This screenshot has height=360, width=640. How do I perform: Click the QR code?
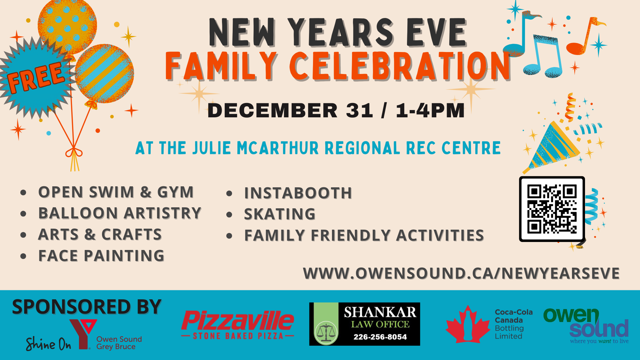point(552,209)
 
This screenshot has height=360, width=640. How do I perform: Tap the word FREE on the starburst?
point(36,78)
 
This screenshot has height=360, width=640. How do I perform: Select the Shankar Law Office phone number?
point(380,337)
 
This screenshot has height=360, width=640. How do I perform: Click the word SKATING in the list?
point(280,214)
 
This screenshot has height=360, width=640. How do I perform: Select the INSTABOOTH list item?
point(298,193)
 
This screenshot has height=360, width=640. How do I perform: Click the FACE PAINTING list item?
point(101,256)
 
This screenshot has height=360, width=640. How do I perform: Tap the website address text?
point(461,273)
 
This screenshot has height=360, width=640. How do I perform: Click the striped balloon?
point(104,73)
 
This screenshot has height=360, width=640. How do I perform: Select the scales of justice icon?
point(326,332)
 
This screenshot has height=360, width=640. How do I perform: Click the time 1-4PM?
point(430,110)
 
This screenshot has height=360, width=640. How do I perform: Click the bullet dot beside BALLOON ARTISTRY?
point(23,214)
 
